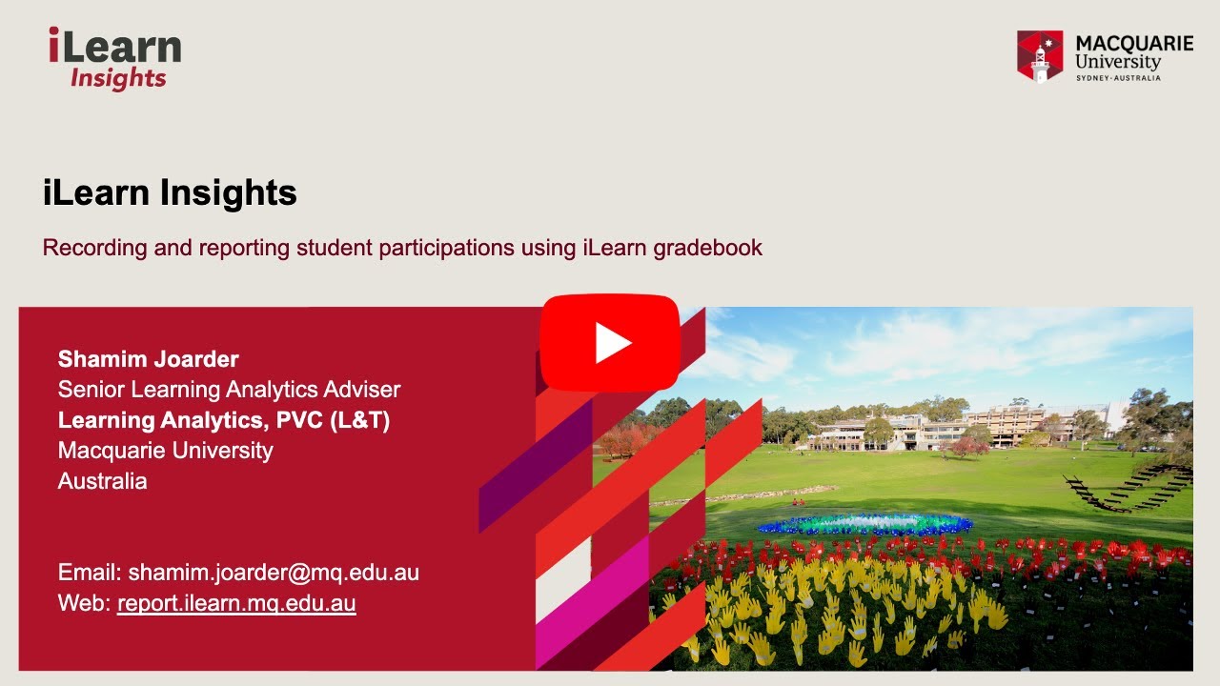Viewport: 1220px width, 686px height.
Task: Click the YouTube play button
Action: click(610, 343)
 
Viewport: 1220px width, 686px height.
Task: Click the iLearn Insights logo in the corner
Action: click(114, 59)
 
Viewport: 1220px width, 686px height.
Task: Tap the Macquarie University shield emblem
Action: click(1039, 56)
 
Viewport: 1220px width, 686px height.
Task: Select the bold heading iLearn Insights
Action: click(170, 193)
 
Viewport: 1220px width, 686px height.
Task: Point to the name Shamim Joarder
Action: click(148, 359)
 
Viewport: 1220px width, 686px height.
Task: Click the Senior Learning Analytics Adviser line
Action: click(229, 390)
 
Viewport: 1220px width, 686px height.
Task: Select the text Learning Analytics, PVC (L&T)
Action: click(224, 420)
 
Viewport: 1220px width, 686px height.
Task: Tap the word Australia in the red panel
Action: click(102, 481)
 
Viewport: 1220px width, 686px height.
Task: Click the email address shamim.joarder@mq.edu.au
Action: click(274, 573)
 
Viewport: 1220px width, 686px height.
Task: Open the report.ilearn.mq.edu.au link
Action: click(236, 603)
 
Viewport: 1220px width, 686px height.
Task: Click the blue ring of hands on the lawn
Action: click(864, 524)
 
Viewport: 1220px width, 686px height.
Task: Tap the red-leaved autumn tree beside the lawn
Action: click(624, 440)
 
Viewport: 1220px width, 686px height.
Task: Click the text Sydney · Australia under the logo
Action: click(1118, 77)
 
